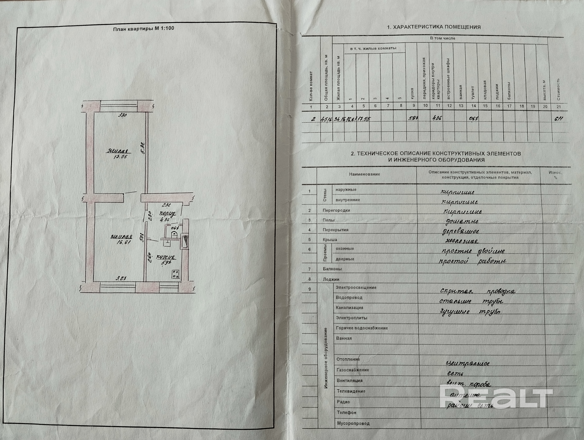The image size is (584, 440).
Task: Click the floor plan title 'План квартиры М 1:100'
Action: pos(143,29)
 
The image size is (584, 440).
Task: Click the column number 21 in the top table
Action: pos(558,106)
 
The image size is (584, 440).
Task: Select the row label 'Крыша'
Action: pos(330,239)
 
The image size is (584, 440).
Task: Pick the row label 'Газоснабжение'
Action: pos(352,370)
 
